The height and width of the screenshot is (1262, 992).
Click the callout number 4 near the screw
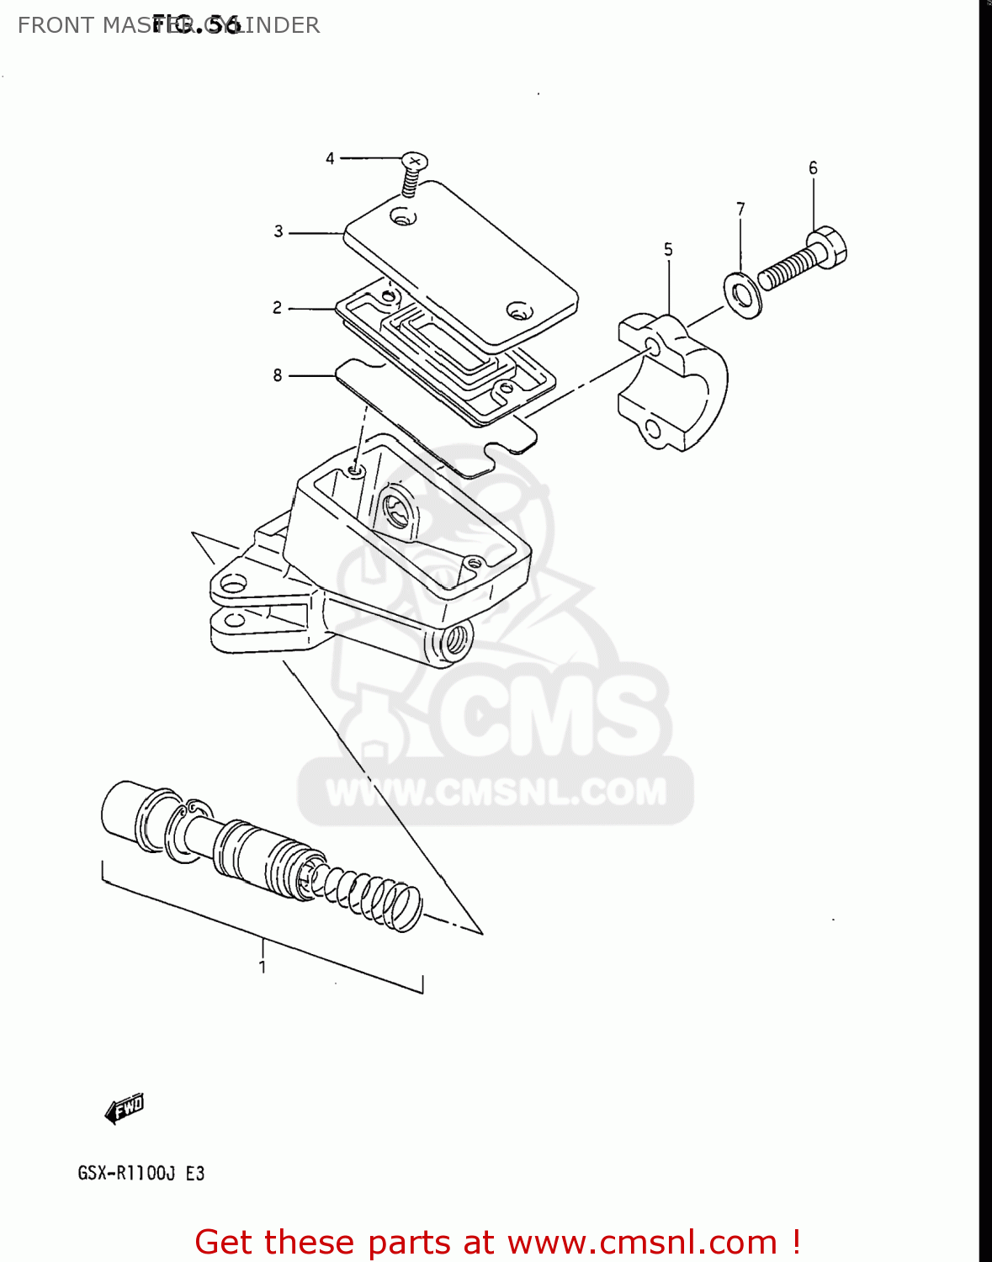pyautogui.click(x=330, y=158)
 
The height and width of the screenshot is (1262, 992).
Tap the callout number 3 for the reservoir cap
pyautogui.click(x=279, y=231)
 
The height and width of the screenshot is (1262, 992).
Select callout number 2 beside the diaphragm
pyautogui.click(x=277, y=308)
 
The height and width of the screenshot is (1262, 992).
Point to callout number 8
pyautogui.click(x=278, y=375)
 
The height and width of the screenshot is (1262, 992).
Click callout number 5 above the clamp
pyautogui.click(x=668, y=249)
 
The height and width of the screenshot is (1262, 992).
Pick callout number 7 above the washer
pyautogui.click(x=740, y=209)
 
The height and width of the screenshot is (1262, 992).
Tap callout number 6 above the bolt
pyautogui.click(x=813, y=168)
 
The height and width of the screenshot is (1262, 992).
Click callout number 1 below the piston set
pyautogui.click(x=263, y=967)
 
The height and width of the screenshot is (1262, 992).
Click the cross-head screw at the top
pyautogui.click(x=413, y=161)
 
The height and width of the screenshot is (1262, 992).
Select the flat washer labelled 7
pyautogui.click(x=742, y=294)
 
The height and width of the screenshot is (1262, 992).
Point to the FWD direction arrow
pyautogui.click(x=125, y=1108)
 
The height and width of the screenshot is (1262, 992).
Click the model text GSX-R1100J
pyautogui.click(x=126, y=1173)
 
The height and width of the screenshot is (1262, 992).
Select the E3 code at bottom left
pyautogui.click(x=195, y=1173)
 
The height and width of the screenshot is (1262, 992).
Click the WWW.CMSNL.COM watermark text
pyautogui.click(x=496, y=792)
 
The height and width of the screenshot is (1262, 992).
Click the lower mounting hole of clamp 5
pyautogui.click(x=652, y=430)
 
